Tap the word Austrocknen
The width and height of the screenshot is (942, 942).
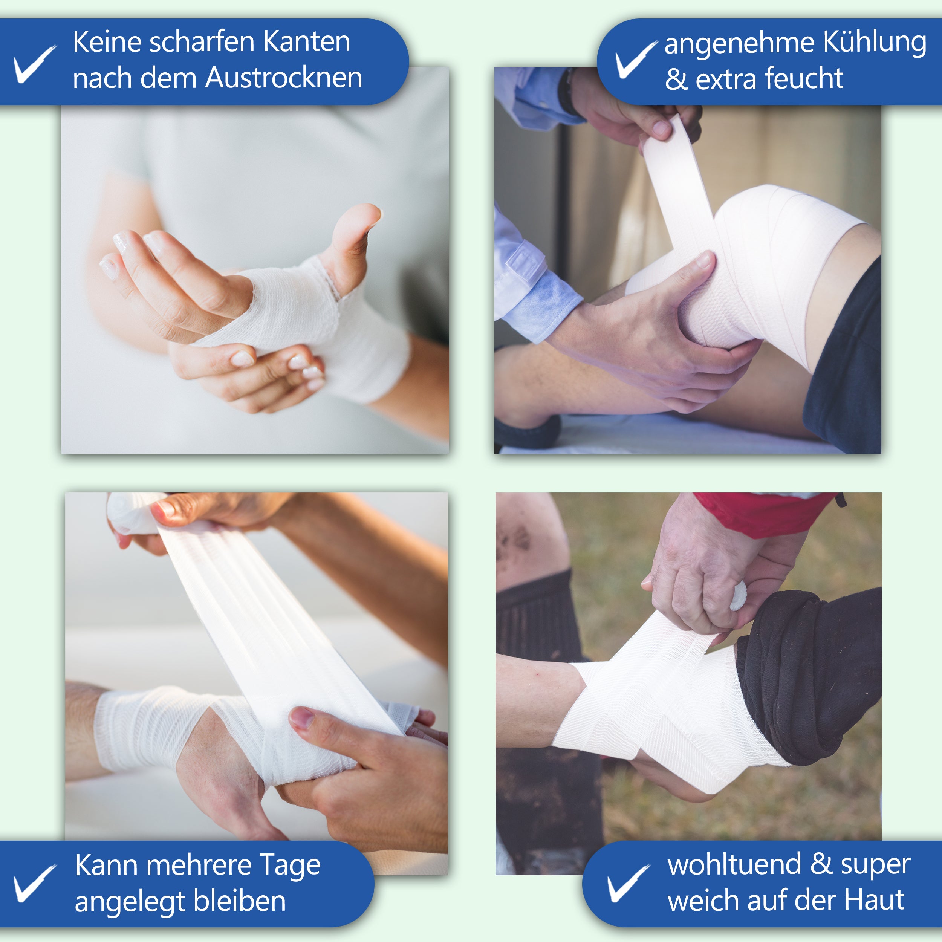point(284,78)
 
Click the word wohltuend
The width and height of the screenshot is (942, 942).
point(734,864)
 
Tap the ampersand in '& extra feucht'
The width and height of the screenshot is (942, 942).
point(676,80)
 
